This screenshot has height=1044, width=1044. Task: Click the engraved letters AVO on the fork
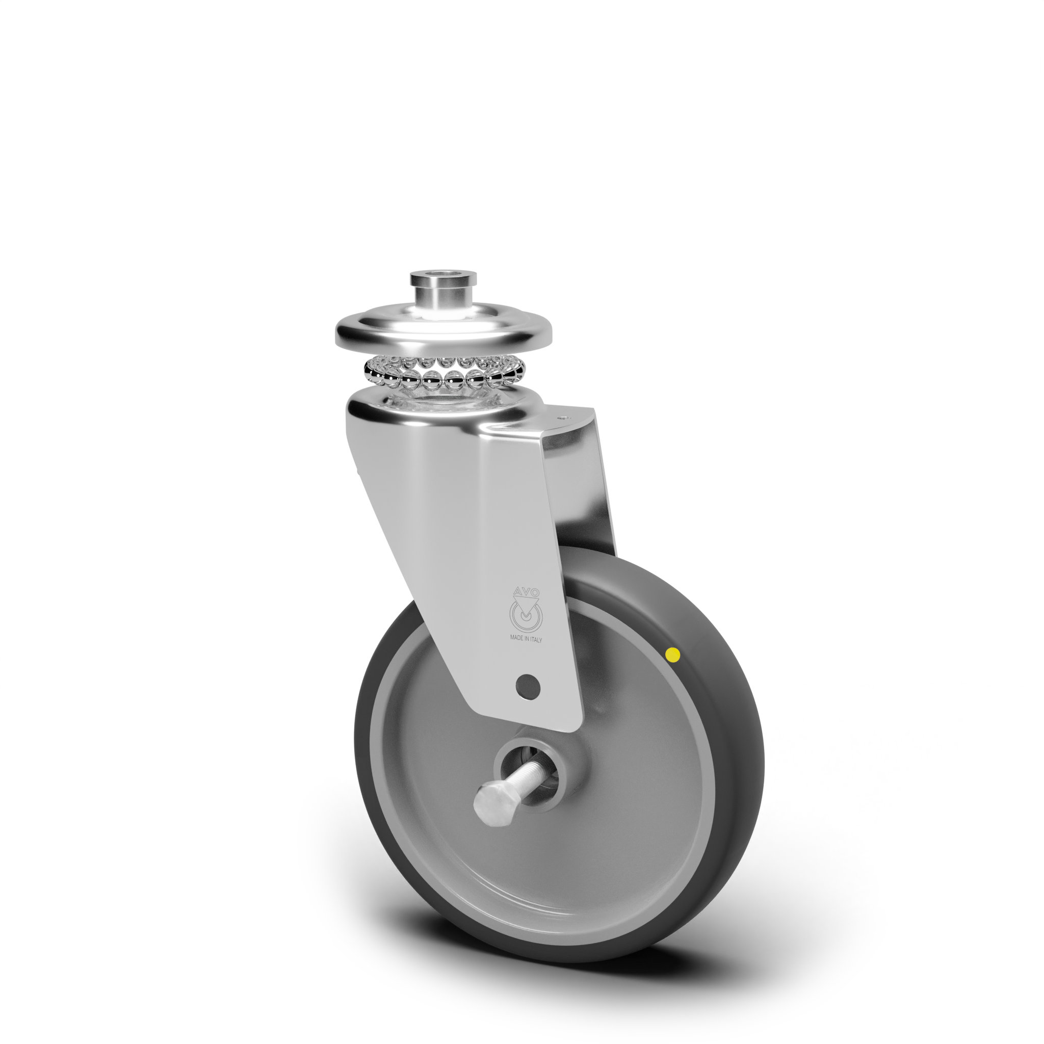click(526, 591)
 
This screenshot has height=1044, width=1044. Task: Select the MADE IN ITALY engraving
click(526, 639)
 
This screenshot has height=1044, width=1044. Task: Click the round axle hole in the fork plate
click(528, 686)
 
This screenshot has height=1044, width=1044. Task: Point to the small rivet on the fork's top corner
click(565, 417)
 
